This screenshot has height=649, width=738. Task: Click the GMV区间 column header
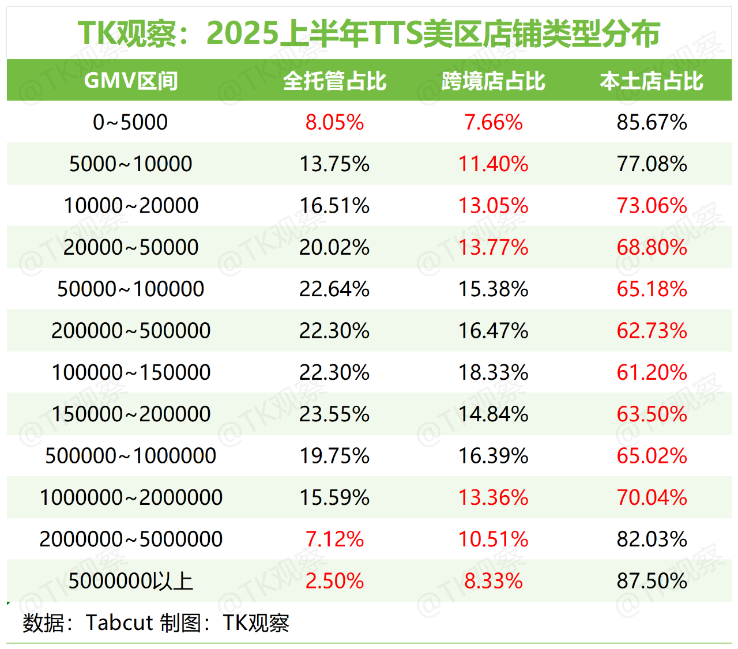click(131, 81)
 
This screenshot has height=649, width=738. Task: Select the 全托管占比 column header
click(334, 81)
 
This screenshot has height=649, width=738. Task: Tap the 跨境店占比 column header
click(493, 81)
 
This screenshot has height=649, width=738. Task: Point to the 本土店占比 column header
click(652, 81)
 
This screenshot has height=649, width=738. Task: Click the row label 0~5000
click(130, 122)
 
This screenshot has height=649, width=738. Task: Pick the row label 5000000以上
click(130, 581)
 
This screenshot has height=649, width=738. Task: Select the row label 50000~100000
click(130, 289)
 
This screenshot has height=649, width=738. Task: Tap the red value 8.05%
click(334, 122)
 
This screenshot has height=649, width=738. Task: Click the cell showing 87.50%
click(652, 581)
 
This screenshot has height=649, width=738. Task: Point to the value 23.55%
click(334, 414)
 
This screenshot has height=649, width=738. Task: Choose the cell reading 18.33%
click(493, 372)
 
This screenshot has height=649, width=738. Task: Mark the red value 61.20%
click(652, 372)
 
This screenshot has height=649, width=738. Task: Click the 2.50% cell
click(334, 581)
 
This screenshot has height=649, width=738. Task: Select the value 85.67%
click(652, 122)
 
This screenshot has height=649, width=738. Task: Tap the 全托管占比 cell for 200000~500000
click(334, 331)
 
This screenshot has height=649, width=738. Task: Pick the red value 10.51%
click(493, 539)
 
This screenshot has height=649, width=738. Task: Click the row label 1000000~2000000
click(130, 497)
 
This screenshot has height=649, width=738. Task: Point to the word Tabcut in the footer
click(119, 623)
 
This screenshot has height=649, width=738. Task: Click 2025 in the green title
click(242, 33)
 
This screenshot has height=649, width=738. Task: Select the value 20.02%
click(334, 247)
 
